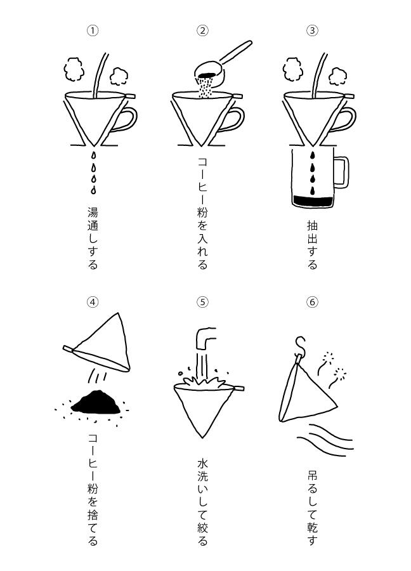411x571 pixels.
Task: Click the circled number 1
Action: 93,30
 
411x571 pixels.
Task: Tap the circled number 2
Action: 203,30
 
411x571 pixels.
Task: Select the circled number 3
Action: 312,30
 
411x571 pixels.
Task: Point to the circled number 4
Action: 93,302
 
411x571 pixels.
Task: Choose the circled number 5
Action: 203,302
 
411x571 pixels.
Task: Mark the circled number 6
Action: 312,302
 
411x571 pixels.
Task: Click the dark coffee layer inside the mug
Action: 311,201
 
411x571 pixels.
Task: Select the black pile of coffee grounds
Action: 96,402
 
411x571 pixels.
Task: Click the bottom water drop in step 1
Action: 94,190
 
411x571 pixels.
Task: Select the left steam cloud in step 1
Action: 74,69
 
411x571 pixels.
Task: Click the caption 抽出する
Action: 312,244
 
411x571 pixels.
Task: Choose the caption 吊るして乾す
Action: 312,508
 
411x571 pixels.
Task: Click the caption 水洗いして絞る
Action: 203,502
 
